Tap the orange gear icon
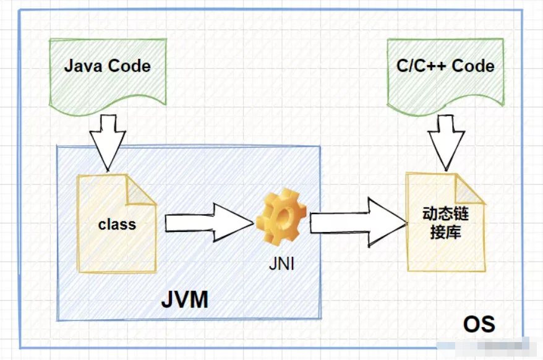point(282,220)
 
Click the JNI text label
point(282,265)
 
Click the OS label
point(479,324)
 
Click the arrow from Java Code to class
point(108,144)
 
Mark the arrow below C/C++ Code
point(445,144)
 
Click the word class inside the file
point(117,223)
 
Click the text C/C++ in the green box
point(421,66)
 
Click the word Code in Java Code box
point(129,66)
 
